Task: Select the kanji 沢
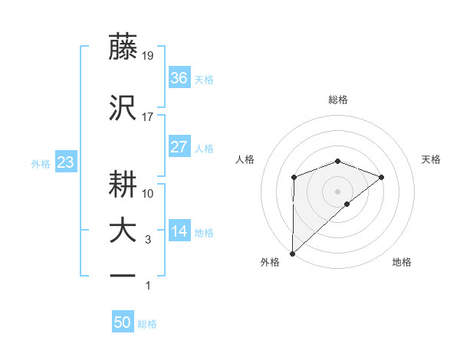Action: tap(124, 109)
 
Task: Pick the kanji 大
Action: tap(124, 231)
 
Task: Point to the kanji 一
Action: tap(124, 274)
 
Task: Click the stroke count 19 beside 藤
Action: tap(148, 55)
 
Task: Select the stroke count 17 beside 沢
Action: tap(148, 117)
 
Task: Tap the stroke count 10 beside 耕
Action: tap(148, 193)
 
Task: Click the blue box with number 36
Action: tap(179, 78)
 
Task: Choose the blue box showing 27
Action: tap(179, 147)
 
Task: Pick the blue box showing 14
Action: tap(179, 231)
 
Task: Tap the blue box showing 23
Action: tap(64, 162)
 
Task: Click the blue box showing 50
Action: tap(123, 322)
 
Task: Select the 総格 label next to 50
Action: tap(147, 324)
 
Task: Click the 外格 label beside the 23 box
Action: tap(41, 163)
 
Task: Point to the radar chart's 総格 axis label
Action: tap(337, 100)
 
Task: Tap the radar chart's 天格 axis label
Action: tap(432, 159)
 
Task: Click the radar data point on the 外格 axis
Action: tap(292, 253)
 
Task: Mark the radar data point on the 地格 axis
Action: tap(347, 204)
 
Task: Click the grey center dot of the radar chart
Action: tap(337, 190)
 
